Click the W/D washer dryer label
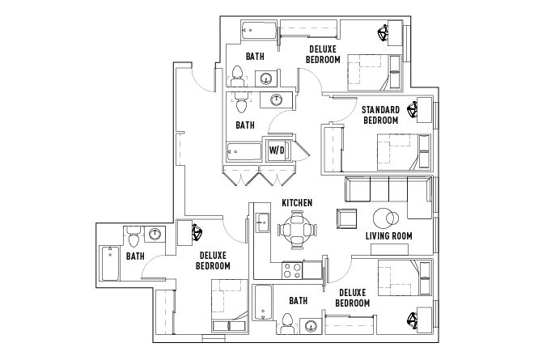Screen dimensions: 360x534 point(277,150)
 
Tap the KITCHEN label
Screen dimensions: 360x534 point(297,202)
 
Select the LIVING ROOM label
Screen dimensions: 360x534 point(389,236)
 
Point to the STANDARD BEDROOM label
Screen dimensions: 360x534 point(380,115)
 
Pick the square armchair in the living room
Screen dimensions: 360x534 point(345,219)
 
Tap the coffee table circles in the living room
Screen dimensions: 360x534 point(384,218)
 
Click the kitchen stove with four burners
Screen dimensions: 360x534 point(290,269)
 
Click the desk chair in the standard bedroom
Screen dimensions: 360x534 point(414,107)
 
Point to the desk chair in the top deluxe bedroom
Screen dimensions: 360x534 point(383,35)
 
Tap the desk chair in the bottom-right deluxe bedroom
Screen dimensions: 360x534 point(413,322)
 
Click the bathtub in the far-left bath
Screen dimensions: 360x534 point(109,264)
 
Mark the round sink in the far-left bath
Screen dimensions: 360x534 point(155,234)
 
